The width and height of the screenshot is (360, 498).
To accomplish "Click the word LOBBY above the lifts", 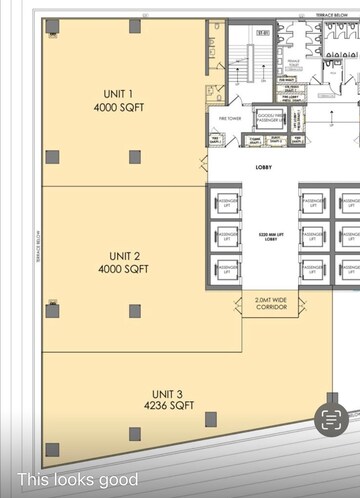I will click(x=266, y=167).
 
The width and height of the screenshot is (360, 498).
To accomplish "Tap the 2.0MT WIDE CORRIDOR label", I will click(x=270, y=303).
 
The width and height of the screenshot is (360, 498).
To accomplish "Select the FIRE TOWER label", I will click(x=230, y=119).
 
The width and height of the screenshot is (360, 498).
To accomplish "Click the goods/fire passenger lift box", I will click(x=270, y=119).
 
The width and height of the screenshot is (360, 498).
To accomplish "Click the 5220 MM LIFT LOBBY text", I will click(x=270, y=236).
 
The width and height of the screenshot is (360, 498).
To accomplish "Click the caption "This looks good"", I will click(x=77, y=480).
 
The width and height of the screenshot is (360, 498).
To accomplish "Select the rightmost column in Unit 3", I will click(x=211, y=418).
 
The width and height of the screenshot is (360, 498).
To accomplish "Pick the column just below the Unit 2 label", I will click(x=134, y=311).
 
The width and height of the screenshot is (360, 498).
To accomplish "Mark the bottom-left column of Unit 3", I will click(x=52, y=449).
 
